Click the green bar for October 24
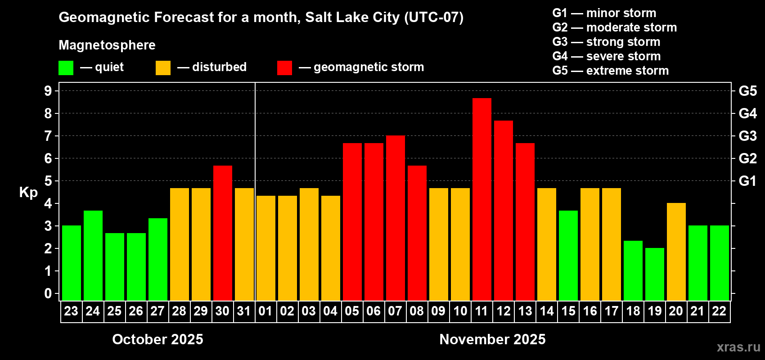point(93,255)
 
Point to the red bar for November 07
point(395,218)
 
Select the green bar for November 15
point(568,255)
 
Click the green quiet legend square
point(66,68)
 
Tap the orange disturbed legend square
point(163,68)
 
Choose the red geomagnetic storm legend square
point(284,68)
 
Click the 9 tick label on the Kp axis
point(48,91)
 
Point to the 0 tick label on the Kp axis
point(48,294)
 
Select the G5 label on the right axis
point(747,91)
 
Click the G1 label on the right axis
point(747,181)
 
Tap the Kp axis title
point(28,193)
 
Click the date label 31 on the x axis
point(244,311)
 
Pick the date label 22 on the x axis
point(719,311)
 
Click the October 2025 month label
point(157,339)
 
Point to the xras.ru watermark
point(738,347)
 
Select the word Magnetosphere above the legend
point(107,45)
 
